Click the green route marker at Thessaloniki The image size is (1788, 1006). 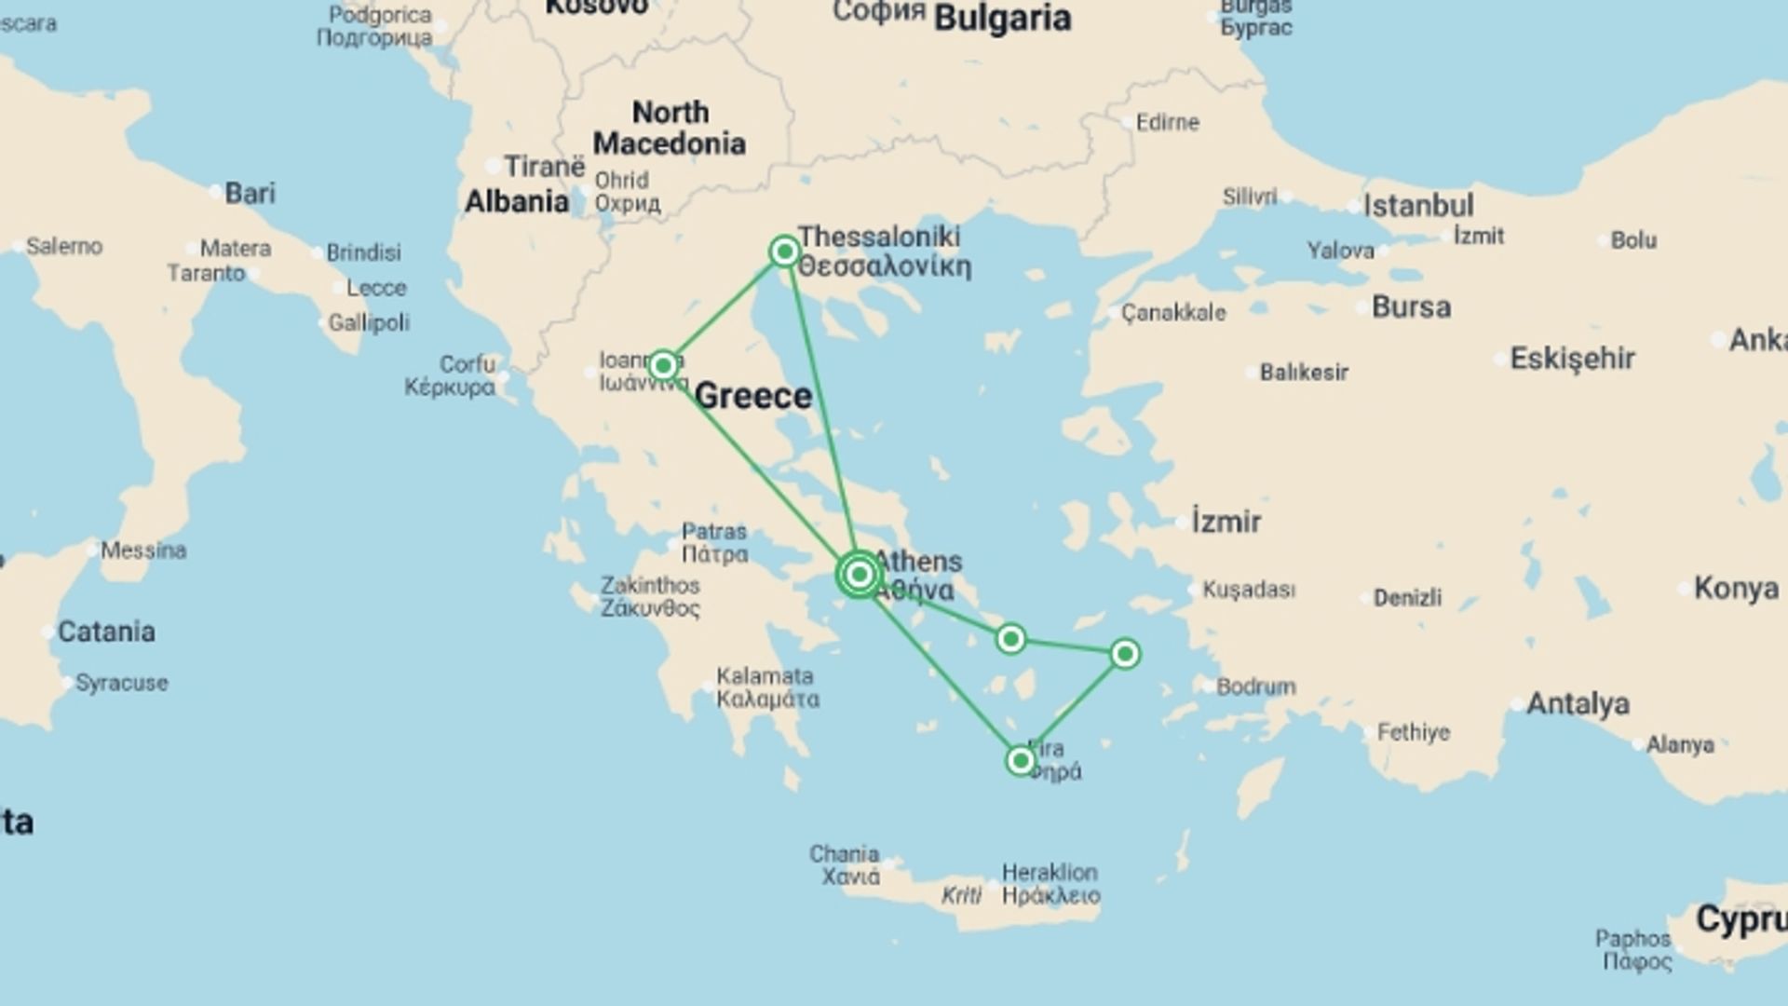point(784,251)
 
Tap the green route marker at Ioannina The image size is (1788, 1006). point(663,365)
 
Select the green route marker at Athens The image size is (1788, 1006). point(859,575)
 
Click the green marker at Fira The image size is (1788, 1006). point(1020,761)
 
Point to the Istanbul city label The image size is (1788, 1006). point(1417,206)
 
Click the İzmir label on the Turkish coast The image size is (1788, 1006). point(1226,522)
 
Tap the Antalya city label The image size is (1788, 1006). point(1578,703)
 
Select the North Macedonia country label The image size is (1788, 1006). point(670,128)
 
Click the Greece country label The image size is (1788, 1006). point(753,396)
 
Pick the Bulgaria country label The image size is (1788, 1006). point(1002,19)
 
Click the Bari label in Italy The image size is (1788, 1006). point(250,193)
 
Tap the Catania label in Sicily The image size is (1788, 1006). point(106,632)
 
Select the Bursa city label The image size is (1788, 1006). point(1411,307)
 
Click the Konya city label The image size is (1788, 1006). point(1736,589)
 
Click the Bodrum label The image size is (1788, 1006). point(1255,687)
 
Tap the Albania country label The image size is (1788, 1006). point(517,201)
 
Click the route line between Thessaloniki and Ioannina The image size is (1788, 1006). point(724,308)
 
